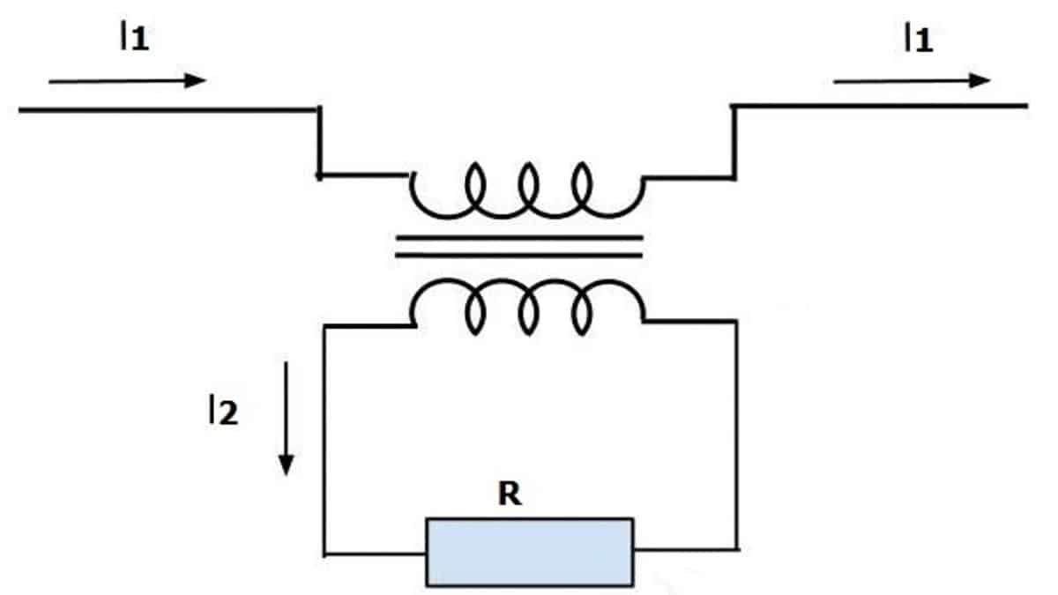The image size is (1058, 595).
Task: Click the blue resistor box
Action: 529,552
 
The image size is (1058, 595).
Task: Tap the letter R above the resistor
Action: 510,495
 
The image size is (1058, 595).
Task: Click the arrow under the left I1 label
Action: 127,81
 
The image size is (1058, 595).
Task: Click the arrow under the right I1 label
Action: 912,81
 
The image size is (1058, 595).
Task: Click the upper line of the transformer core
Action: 518,237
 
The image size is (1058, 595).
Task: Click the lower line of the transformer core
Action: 518,255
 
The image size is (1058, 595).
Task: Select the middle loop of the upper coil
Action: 528,185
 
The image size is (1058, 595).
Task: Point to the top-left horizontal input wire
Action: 168,109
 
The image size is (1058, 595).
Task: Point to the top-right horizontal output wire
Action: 882,107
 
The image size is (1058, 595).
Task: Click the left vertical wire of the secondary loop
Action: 325,441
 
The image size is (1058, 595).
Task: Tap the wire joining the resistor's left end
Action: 376,554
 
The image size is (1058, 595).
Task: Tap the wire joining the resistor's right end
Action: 684,550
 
